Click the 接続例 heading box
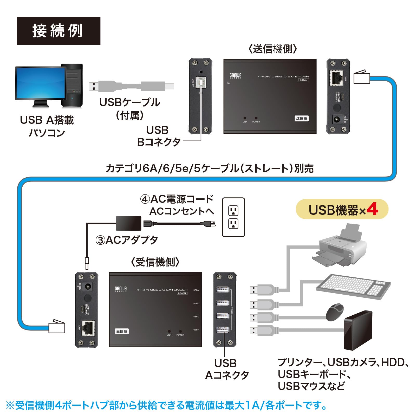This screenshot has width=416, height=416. [58, 31]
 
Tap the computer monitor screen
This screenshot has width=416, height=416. [40, 83]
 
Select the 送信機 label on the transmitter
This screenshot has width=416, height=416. [301, 118]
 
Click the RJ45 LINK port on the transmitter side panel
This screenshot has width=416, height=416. [336, 78]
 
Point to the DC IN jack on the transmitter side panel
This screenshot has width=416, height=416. [337, 120]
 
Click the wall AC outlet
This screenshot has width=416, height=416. [233, 217]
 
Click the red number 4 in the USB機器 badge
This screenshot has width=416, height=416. [372, 209]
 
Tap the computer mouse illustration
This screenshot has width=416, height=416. [335, 312]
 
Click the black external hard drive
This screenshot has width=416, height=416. [357, 330]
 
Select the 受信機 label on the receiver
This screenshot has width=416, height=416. [122, 331]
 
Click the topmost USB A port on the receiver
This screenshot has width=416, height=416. [223, 289]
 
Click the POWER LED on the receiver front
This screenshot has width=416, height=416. [180, 331]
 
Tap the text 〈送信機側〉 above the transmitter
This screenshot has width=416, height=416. [273, 49]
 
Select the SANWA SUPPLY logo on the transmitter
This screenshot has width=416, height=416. [235, 76]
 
